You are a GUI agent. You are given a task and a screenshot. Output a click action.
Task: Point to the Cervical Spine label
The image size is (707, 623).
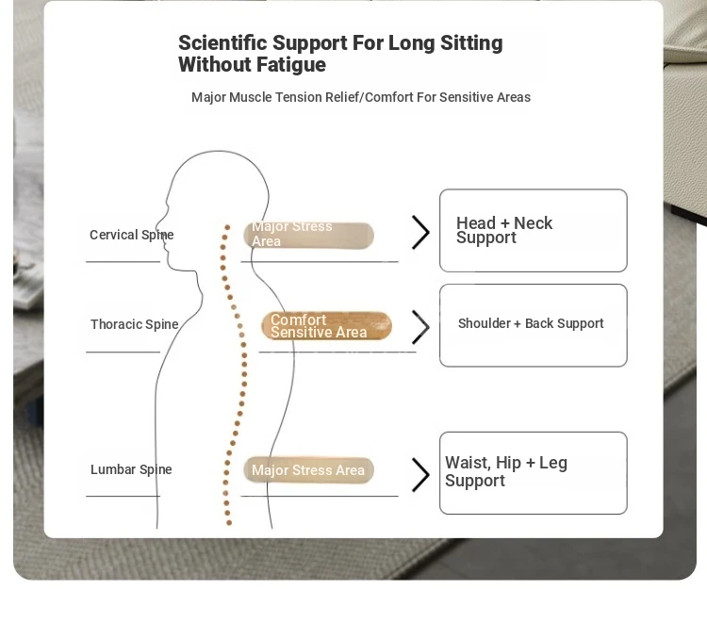(132, 235)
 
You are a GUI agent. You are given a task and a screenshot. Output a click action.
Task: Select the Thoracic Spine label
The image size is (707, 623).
(135, 324)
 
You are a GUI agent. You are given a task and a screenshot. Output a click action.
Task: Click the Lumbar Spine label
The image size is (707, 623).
(131, 469)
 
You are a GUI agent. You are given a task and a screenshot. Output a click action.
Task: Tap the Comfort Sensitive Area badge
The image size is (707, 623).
(326, 325)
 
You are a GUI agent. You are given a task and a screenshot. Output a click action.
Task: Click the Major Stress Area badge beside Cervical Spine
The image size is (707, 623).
(309, 235)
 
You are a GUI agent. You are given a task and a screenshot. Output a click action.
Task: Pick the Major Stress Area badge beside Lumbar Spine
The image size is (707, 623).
(309, 470)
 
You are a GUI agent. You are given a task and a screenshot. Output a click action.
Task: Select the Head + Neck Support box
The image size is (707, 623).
(534, 230)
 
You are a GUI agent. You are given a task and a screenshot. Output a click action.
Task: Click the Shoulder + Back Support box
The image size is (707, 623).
(534, 325)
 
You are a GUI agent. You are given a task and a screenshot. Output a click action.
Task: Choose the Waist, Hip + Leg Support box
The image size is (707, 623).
(534, 473)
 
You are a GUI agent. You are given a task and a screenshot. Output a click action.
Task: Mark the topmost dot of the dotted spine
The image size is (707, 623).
(227, 227)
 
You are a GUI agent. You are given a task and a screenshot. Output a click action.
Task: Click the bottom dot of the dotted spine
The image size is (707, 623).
(229, 523)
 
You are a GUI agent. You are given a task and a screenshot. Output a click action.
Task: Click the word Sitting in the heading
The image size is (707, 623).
(471, 44)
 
